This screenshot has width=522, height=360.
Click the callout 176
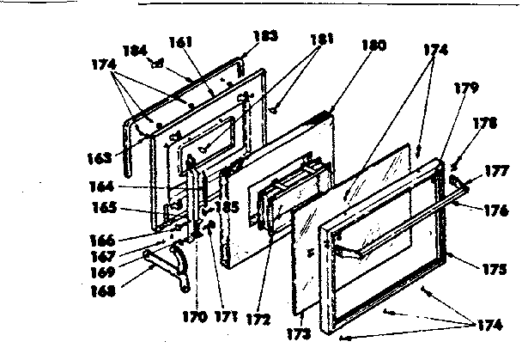495,208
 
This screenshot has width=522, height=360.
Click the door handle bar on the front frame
404,224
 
